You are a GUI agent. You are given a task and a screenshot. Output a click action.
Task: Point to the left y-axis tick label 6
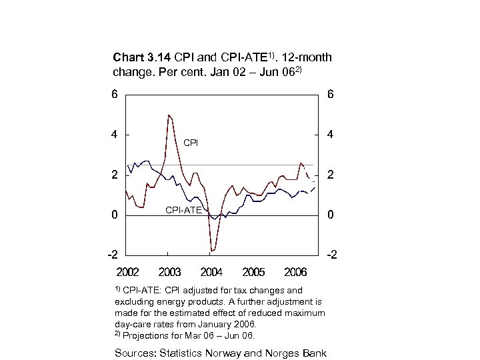click(115, 95)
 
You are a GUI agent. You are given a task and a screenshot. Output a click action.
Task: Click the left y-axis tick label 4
click(115, 134)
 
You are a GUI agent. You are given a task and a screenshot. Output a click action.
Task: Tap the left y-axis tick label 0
click(115, 215)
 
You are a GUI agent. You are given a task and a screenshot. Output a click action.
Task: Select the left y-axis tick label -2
click(113, 255)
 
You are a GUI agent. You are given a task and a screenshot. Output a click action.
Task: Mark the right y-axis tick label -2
click(331, 255)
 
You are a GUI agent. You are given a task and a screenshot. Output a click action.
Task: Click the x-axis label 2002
click(127, 272)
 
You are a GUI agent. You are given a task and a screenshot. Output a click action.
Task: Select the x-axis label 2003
click(170, 272)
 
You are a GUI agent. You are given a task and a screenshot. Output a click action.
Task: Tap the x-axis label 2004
click(212, 272)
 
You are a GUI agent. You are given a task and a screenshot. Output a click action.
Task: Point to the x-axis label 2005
click(254, 272)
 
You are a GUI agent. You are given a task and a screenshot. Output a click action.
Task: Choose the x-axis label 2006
click(295, 272)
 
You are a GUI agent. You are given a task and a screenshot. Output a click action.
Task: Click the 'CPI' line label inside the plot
click(191, 143)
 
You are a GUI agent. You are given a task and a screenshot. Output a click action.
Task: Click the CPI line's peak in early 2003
click(169, 115)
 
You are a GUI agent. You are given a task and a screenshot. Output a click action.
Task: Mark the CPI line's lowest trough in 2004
click(211, 251)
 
